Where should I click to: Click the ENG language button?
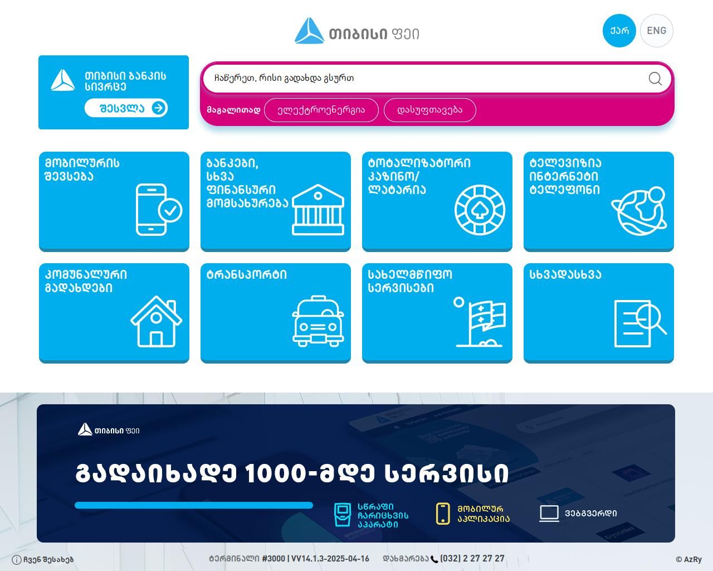coord(656,31)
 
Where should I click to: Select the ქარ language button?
coord(619,31)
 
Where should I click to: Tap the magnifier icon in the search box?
coord(655,79)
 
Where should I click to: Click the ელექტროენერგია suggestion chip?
coord(321,110)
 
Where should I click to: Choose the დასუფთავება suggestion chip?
coord(429,110)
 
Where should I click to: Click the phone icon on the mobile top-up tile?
coord(159,210)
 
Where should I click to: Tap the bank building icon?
coord(318,210)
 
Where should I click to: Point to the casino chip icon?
coord(480,210)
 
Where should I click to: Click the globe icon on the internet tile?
coord(639,210)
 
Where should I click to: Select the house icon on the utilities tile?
coord(156,322)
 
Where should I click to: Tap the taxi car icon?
coord(318,321)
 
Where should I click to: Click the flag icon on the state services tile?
coord(480,322)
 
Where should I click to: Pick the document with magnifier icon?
coord(640,323)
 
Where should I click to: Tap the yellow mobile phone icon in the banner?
coord(443,514)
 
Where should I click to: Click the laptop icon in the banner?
coord(549,514)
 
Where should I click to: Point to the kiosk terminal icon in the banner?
coord(342,515)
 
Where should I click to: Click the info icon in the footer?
coord(16,560)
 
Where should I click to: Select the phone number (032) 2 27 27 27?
coord(472,559)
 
